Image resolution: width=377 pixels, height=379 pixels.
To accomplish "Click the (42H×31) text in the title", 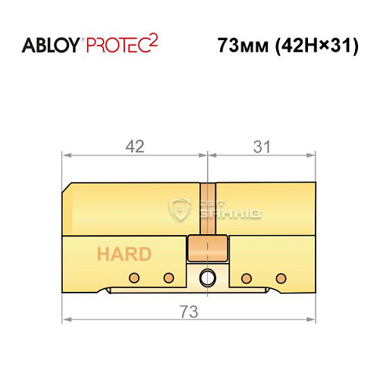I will (312, 45).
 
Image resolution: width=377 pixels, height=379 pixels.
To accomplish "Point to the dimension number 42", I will (134, 147).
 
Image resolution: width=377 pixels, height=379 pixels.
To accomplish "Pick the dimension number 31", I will (260, 147).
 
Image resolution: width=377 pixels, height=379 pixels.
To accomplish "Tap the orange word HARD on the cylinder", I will (123, 254).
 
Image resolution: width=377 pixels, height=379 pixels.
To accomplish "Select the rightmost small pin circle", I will (281, 276).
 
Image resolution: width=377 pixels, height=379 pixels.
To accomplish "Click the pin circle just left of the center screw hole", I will (168, 276).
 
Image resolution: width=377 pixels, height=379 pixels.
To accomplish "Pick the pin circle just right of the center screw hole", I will (245, 276).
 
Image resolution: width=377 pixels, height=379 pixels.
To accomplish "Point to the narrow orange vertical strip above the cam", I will (206, 208).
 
